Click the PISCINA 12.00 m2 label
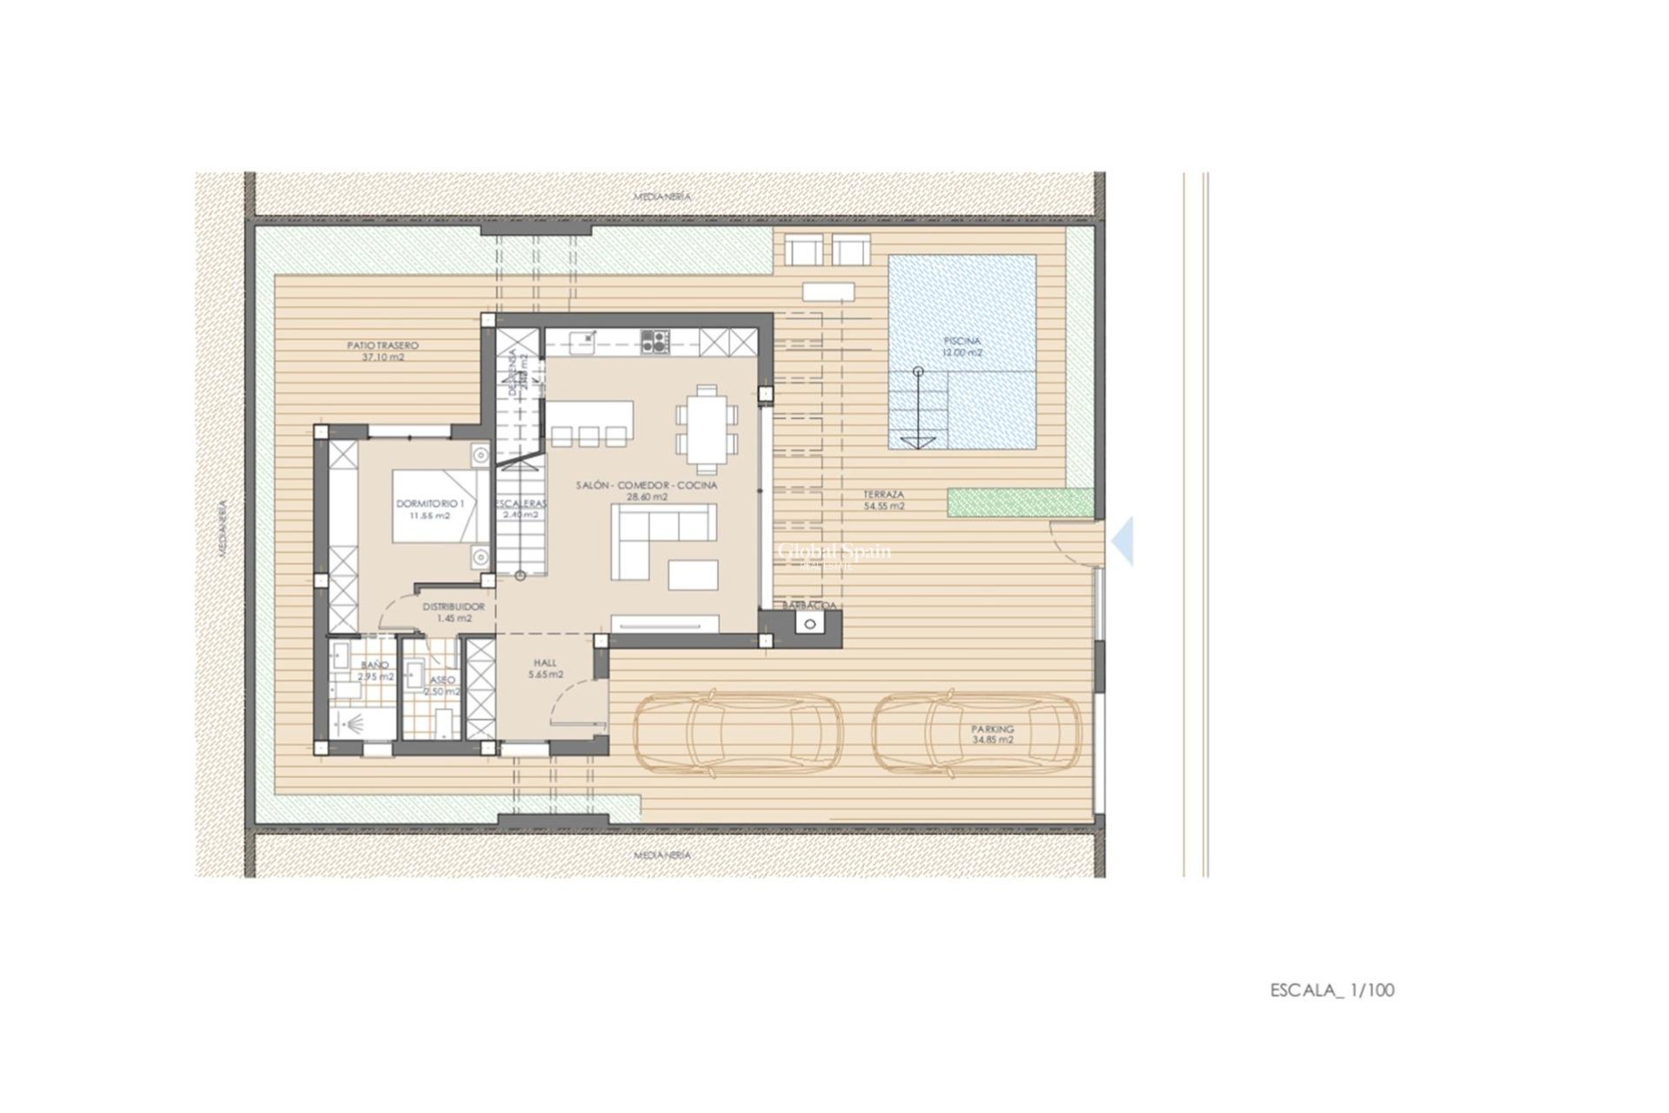point(962,347)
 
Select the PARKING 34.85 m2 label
point(993,735)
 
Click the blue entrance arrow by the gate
point(1123,541)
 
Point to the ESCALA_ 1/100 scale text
point(1332,990)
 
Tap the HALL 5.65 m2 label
point(545,668)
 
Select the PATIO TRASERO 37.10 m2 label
point(382,350)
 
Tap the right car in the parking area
point(978,732)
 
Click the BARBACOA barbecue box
point(811,623)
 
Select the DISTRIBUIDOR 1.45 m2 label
point(453,612)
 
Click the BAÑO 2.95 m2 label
point(376,670)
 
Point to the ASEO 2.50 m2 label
point(442,686)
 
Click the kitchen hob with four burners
point(654,341)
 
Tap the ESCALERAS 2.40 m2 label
point(522,509)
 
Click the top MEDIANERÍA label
point(662,197)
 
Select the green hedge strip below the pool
point(1020,503)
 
